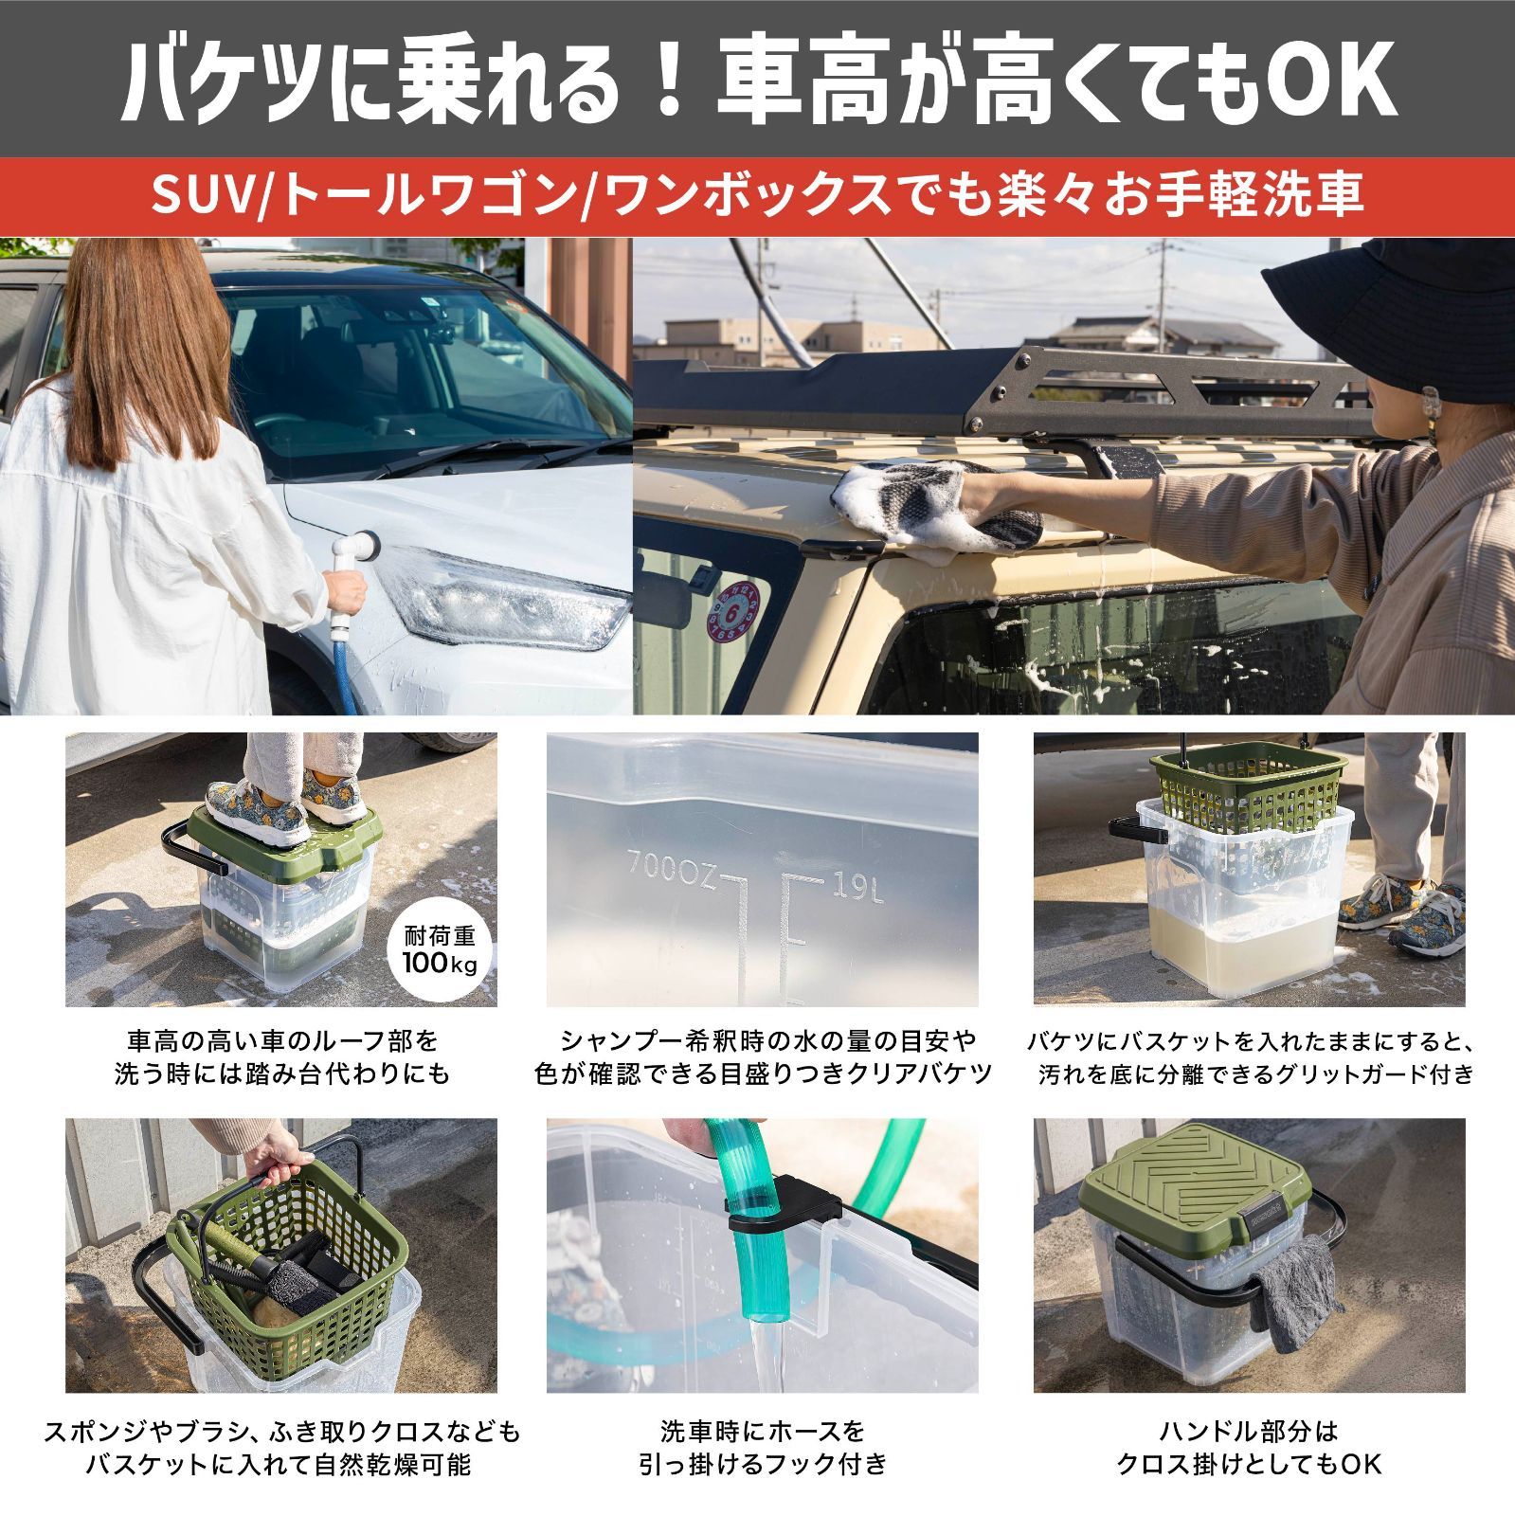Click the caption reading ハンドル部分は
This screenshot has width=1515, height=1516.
coord(1248,1431)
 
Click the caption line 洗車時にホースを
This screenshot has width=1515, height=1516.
coord(763,1431)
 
